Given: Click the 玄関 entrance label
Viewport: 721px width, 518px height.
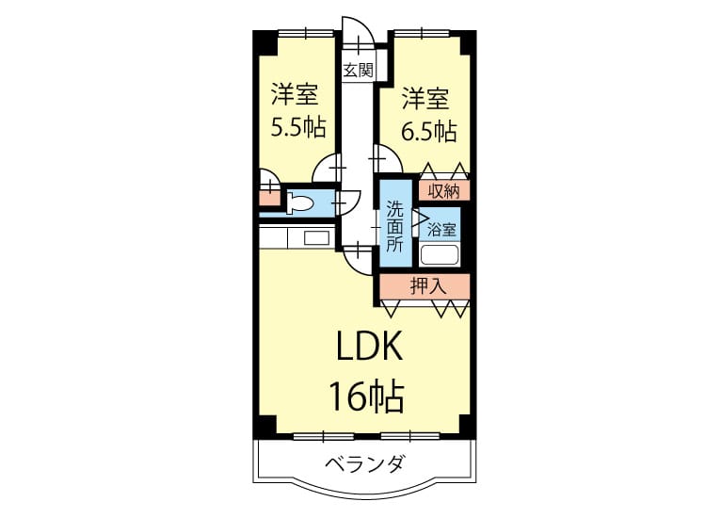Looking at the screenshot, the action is [x=359, y=71].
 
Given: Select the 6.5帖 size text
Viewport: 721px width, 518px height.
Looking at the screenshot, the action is [x=429, y=132].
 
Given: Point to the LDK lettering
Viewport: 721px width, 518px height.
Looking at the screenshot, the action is [x=370, y=346].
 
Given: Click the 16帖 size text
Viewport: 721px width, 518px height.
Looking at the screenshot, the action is [x=367, y=397].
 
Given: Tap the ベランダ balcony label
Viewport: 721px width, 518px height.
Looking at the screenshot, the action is [x=365, y=463].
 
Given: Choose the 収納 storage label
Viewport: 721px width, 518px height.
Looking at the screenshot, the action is [x=443, y=191].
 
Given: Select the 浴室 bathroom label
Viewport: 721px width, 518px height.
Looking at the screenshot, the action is [x=441, y=229].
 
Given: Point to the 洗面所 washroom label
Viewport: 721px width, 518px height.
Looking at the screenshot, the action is [x=394, y=227].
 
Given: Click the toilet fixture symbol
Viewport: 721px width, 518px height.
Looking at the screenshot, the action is [x=300, y=202].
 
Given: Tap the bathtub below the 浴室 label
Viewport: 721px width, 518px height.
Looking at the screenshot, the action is [x=440, y=255].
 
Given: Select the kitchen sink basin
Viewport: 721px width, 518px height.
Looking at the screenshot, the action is [x=317, y=238].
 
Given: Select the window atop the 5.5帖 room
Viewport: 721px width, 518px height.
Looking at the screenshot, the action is [x=306, y=33].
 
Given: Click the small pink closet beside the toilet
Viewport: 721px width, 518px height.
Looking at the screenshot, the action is [x=269, y=198].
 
